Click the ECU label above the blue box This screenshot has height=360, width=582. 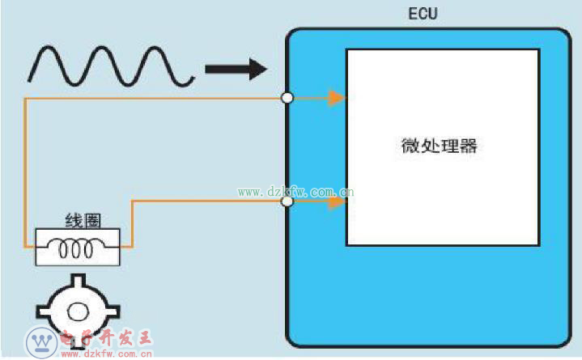[423, 14]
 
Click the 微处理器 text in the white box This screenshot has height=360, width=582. [439, 146]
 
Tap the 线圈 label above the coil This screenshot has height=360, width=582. [83, 221]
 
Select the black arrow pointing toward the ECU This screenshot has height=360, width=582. [236, 69]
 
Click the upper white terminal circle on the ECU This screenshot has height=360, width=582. [287, 98]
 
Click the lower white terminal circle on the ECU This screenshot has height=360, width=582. [287, 201]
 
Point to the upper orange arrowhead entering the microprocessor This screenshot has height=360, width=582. [337, 99]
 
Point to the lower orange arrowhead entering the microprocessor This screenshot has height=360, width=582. [337, 202]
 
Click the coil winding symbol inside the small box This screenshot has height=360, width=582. [76, 248]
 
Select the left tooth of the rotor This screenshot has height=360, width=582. [43, 311]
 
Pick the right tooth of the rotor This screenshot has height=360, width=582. [113, 311]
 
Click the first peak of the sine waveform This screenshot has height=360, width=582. [48, 48]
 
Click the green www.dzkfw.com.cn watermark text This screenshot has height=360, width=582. [295, 192]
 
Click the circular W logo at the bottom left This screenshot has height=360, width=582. [41, 342]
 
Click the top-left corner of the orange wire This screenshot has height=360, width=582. [25, 99]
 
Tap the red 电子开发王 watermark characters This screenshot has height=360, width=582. [106, 338]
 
